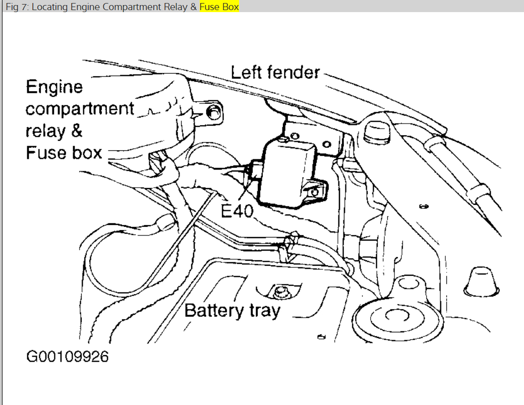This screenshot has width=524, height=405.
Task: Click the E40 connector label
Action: click(x=237, y=210)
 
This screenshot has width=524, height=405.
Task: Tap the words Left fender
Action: click(x=275, y=73)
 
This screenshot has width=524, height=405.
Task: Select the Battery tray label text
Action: click(x=232, y=310)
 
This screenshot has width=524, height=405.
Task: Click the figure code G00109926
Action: click(x=68, y=357)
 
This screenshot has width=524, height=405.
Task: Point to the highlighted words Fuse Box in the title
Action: click(x=219, y=7)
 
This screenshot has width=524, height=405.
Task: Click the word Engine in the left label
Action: click(x=54, y=87)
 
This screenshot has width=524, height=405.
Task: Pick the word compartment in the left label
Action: click(x=80, y=109)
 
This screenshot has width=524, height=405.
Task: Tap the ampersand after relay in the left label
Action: click(x=75, y=131)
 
